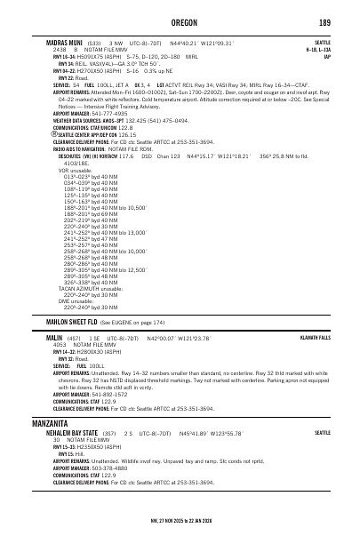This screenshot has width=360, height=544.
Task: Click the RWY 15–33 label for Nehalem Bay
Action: tap(65, 445)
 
